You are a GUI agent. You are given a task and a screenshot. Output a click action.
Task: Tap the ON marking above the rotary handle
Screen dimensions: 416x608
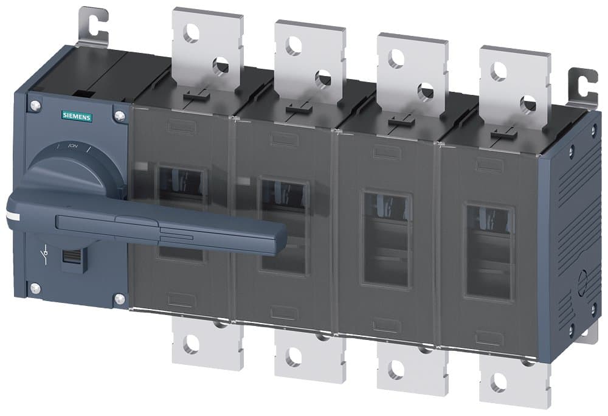[x=74, y=147]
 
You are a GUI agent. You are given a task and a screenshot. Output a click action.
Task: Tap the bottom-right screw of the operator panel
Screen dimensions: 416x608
[x=119, y=298]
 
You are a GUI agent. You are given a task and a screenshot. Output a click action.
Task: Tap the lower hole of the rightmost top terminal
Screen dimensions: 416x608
[x=528, y=102]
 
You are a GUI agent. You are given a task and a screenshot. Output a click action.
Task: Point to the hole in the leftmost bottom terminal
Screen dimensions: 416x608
[x=191, y=345]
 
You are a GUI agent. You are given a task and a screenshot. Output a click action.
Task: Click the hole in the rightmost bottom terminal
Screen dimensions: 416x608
[x=500, y=383]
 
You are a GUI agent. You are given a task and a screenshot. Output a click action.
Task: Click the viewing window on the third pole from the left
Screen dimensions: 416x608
[x=387, y=238]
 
